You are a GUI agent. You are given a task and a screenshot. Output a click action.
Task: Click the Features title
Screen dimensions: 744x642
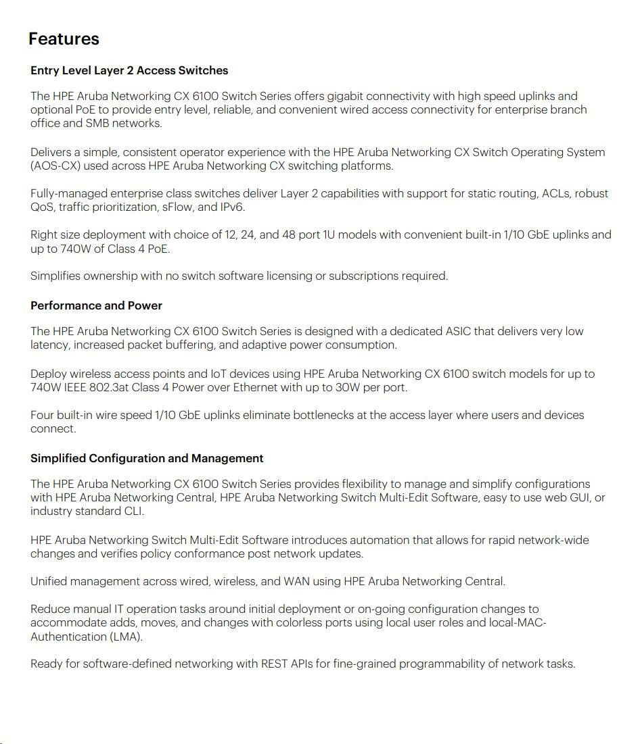tap(64, 39)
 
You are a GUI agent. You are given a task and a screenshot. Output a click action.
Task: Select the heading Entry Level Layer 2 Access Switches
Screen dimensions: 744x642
tap(129, 70)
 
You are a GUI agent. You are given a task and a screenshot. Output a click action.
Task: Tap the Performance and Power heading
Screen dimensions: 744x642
tap(96, 305)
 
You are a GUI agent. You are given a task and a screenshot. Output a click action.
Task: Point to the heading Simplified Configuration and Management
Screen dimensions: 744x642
tap(147, 458)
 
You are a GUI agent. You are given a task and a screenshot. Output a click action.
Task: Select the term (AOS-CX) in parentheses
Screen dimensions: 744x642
tap(51, 166)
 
